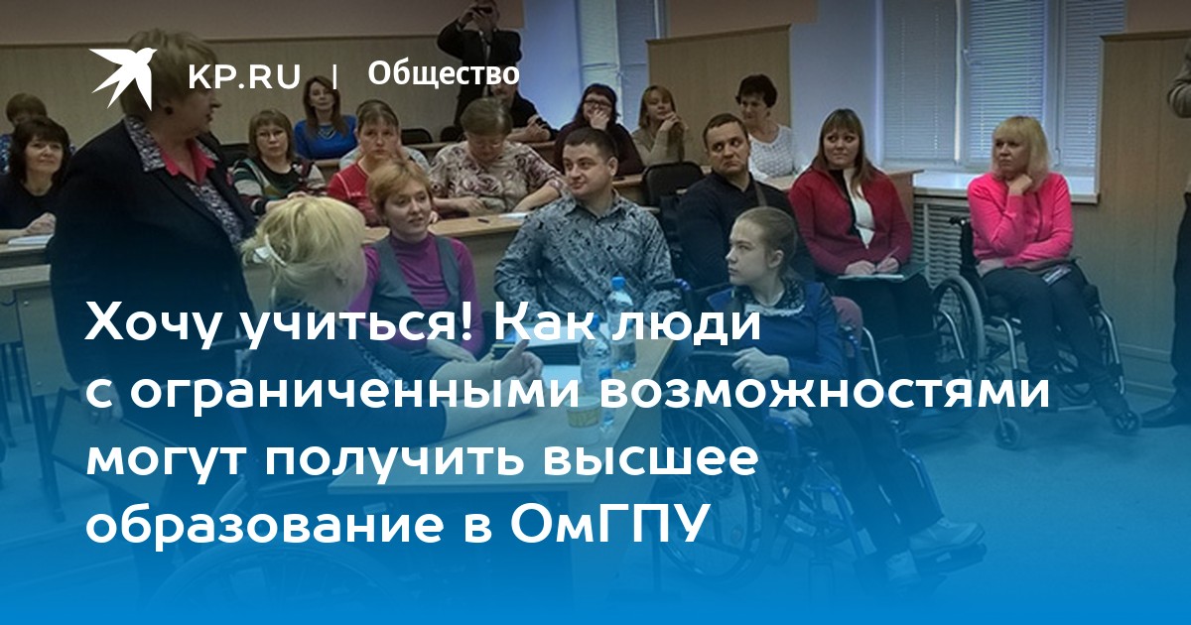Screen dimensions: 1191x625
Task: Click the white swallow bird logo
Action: (x=122, y=77)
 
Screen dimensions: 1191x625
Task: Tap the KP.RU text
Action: (x=244, y=76)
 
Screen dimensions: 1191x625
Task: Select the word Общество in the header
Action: (x=444, y=73)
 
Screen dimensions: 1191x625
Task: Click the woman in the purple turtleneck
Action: (x=420, y=255)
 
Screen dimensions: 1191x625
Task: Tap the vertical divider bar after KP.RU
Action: (x=334, y=77)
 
